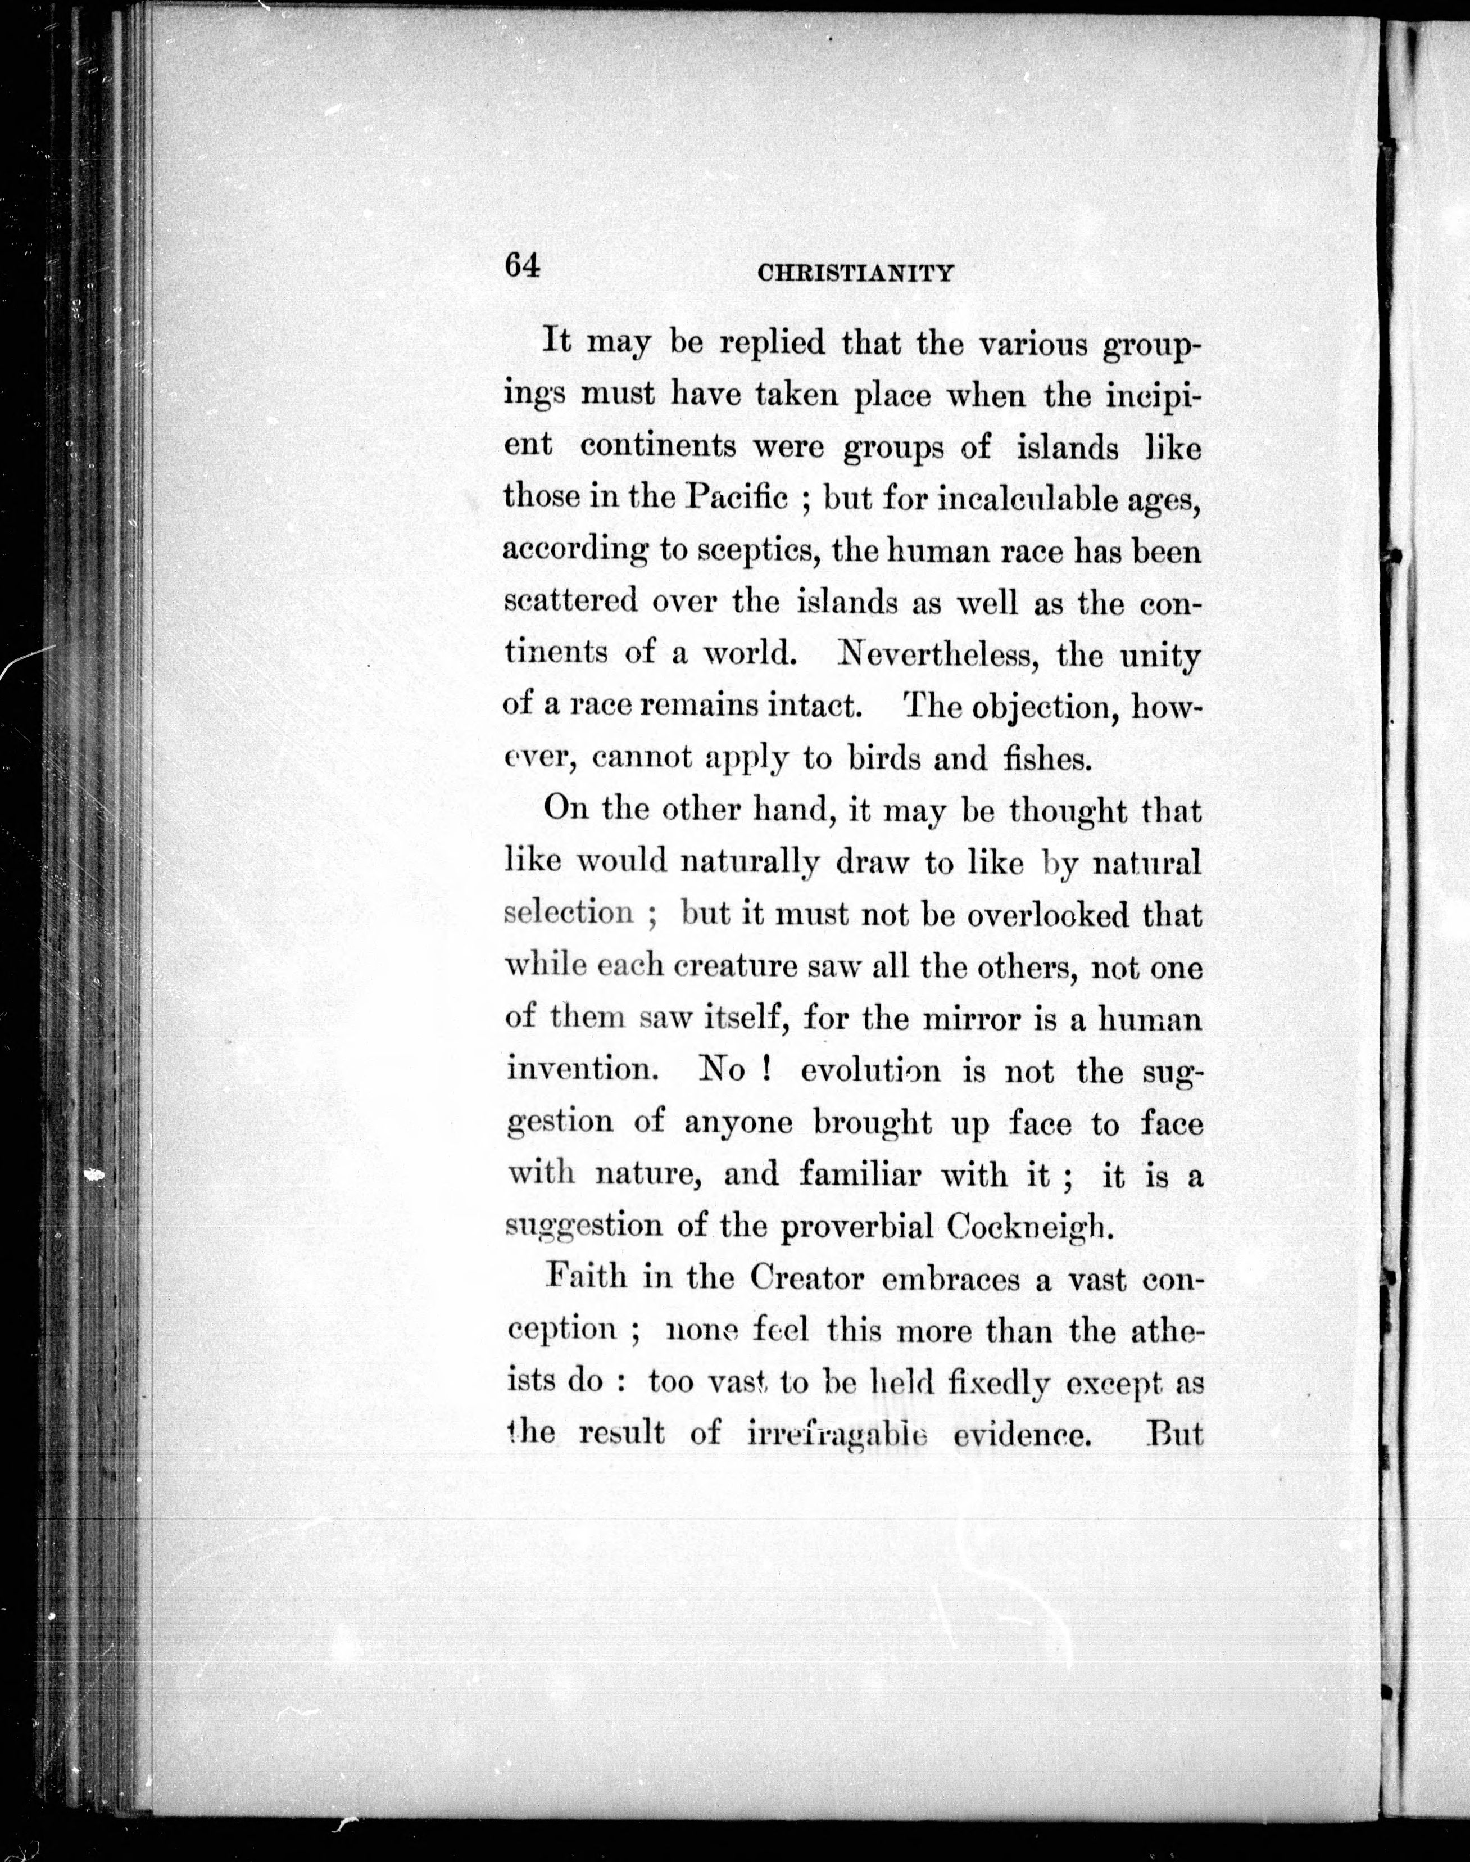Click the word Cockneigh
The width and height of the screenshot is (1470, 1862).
1029,1226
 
